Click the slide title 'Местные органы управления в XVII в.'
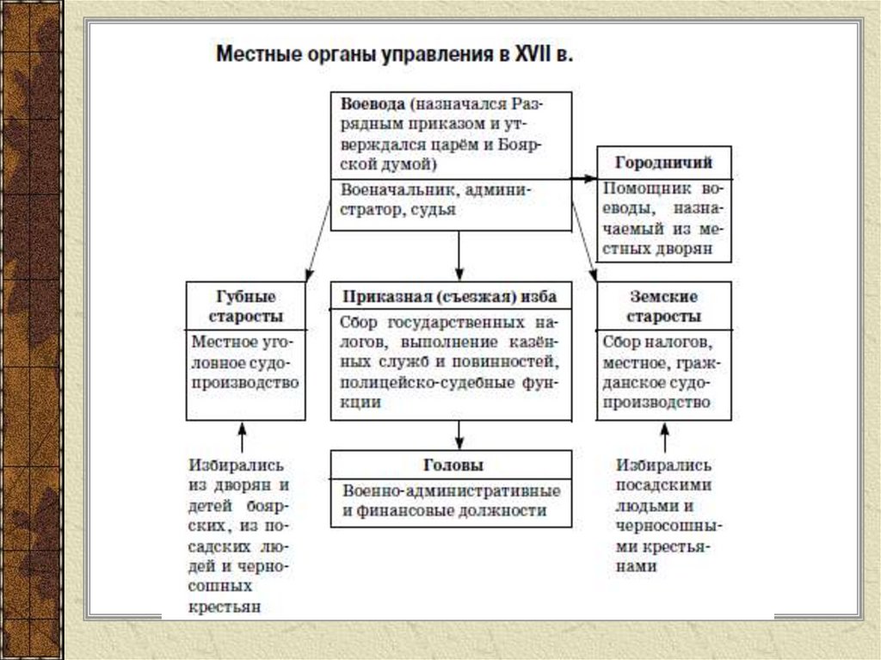point(393,56)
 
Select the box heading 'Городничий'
point(664,162)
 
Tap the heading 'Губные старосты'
point(246,305)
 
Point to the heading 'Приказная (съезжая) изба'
point(450,297)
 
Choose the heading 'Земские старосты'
point(664,305)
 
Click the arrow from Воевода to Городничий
point(585,178)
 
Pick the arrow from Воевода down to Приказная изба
point(459,256)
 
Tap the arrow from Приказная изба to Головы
point(459,435)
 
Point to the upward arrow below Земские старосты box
point(664,437)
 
